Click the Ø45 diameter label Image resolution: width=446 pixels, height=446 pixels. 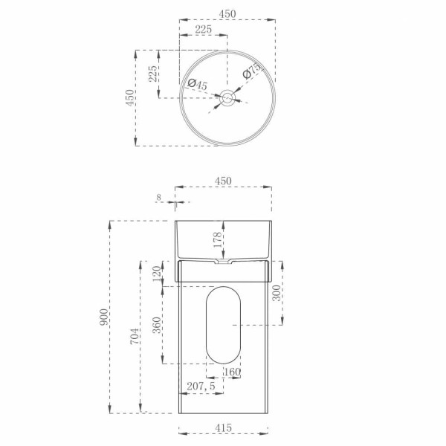pos(197,84)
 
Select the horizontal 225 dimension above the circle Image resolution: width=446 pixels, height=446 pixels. pos(203,29)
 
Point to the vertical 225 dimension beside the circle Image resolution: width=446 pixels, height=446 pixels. pos(152,74)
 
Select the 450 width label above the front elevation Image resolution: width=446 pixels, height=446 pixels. pos(224,181)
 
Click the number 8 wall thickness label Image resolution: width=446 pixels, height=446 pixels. pos(158,198)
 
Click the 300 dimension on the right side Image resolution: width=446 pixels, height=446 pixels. pos(277,294)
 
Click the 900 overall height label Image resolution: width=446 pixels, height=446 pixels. pos(104,317)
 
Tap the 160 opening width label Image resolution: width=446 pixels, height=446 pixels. pos(232,372)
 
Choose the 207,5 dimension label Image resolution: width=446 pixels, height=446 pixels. pos(201,387)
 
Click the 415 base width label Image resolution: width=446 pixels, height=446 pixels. pos(224,427)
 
